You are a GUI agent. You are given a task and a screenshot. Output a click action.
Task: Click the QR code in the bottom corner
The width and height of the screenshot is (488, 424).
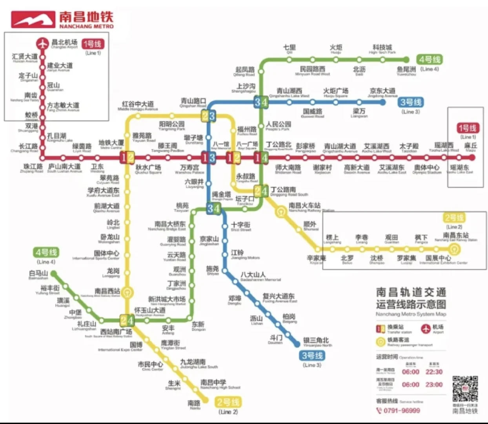pyautogui.click(x=465, y=389)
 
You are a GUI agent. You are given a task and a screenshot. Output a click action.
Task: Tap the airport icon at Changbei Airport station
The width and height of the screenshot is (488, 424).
pyautogui.click(x=42, y=44)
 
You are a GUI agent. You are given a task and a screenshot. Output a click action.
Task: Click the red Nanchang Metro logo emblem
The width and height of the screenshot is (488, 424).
pyautogui.click(x=33, y=19)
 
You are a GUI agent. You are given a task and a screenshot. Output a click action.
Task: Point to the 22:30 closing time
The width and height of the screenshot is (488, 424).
pyautogui.click(x=434, y=372)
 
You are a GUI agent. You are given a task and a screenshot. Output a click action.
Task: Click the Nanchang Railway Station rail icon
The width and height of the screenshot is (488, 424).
pyautogui.click(x=281, y=213)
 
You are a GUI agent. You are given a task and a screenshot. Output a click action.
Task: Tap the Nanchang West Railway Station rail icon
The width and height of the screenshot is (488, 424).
pyautogui.click(x=127, y=292)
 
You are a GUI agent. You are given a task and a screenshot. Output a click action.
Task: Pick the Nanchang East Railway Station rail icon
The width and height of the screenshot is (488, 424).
pyautogui.click(x=454, y=249)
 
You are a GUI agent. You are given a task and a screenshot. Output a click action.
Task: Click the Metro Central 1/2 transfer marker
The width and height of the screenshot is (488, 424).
pyautogui.click(x=127, y=157)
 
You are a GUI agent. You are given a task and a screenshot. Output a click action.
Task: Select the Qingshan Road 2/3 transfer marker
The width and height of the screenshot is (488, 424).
pyautogui.click(x=208, y=116)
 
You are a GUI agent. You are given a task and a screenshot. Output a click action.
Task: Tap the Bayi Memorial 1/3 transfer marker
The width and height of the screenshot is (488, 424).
pyautogui.click(x=208, y=158)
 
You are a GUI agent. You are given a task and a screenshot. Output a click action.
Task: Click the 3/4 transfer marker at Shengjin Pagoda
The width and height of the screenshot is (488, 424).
pyautogui.click(x=213, y=208)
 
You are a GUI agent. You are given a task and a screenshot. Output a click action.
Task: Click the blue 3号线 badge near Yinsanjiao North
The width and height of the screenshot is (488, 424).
pyautogui.click(x=312, y=356)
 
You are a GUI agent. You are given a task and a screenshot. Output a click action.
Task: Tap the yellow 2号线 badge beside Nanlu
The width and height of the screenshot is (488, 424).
pyautogui.click(x=228, y=402)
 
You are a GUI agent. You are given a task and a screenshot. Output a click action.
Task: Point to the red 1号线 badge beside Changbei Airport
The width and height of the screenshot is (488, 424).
pyautogui.click(x=92, y=44)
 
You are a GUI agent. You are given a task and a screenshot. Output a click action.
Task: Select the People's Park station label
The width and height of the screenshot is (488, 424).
pyautogui.click(x=278, y=126)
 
